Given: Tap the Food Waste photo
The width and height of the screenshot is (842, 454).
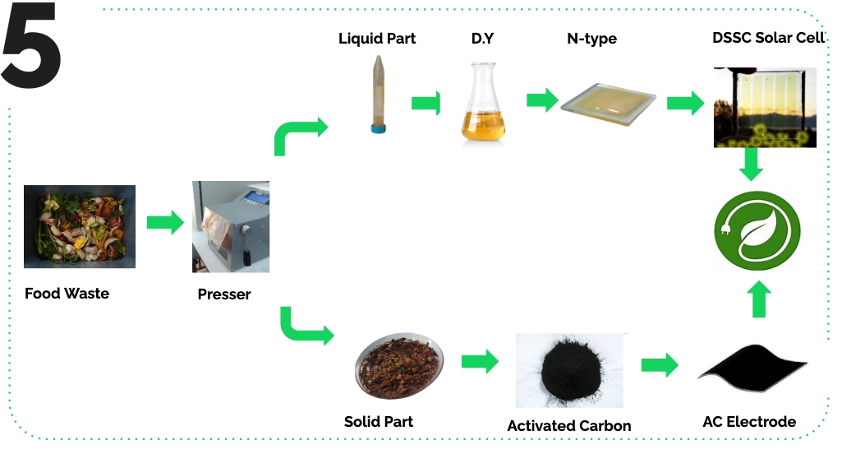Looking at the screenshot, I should (80, 226).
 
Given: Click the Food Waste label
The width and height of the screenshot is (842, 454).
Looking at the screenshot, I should (67, 293).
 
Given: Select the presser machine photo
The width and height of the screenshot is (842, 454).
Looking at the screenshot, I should (230, 226).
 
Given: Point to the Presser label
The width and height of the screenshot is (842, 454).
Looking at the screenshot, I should (224, 294).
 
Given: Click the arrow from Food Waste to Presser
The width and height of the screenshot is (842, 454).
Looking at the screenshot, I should (164, 222).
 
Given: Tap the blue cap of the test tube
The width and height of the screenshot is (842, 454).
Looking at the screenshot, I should (377, 127).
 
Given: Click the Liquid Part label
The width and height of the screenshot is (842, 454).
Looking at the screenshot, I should (377, 39).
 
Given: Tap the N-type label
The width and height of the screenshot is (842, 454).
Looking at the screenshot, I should (591, 39).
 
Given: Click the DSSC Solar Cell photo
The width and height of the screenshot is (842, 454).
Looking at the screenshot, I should (765, 107).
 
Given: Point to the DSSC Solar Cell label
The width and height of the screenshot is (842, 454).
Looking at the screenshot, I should (769, 39).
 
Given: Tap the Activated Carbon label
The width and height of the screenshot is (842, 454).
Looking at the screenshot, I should (568, 425).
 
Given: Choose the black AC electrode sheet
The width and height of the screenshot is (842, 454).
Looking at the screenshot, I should (752, 368).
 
